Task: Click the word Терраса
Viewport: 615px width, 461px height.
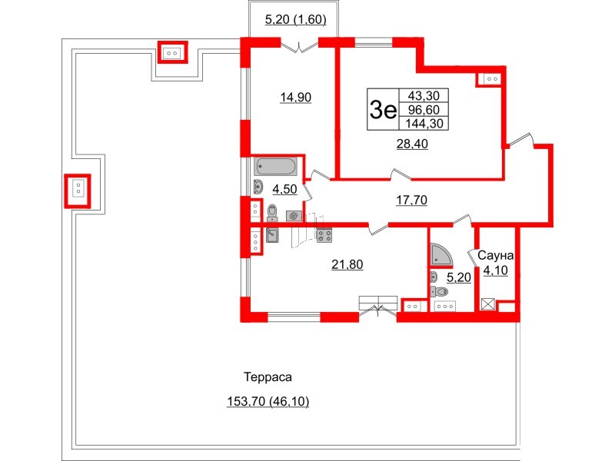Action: (268, 377)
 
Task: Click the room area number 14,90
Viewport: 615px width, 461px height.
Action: (296, 97)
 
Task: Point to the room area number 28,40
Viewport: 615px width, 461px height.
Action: (412, 144)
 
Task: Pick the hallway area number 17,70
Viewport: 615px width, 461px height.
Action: (411, 200)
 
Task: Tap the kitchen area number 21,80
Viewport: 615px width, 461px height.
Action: (347, 264)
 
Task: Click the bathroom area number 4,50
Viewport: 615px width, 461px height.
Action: (284, 189)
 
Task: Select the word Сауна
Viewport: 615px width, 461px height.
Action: (495, 256)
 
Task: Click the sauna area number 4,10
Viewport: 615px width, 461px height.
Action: (495, 270)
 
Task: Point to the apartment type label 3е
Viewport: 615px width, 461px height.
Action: (383, 109)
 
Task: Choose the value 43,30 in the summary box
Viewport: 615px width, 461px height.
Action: (424, 95)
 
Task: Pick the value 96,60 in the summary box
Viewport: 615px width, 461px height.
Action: (424, 109)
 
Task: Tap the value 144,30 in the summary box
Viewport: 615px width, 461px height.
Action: (424, 124)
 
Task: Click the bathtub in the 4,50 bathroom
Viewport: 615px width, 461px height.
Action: (276, 167)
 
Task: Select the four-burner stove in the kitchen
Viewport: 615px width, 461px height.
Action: (324, 235)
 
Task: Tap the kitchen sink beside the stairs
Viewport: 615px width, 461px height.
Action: (272, 235)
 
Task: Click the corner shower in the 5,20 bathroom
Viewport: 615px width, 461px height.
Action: (441, 254)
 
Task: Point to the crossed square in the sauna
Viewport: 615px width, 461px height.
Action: (488, 304)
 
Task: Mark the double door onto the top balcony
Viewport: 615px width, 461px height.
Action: (300, 47)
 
